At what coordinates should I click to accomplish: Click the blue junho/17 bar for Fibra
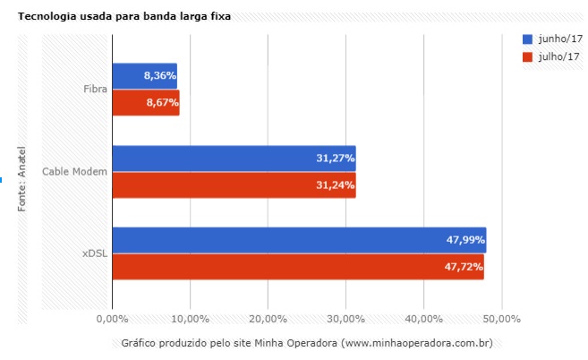144,76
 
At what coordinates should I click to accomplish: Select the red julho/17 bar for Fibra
146,103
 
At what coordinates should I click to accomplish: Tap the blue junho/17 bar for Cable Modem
234,159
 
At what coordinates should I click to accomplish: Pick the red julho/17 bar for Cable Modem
234,185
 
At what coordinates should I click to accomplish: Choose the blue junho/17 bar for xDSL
299,240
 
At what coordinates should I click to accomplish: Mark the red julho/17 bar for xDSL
298,267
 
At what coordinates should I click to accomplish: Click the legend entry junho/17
553,39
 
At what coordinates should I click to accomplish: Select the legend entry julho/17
553,56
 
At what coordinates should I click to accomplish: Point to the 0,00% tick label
112,318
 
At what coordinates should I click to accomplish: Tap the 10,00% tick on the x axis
190,318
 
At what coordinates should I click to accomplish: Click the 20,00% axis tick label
268,318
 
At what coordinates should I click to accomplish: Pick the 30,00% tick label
345,318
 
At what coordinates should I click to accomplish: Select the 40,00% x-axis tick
423,318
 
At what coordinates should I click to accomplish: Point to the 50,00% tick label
501,318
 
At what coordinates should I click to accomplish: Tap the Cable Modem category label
75,171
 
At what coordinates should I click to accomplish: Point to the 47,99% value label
464,240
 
